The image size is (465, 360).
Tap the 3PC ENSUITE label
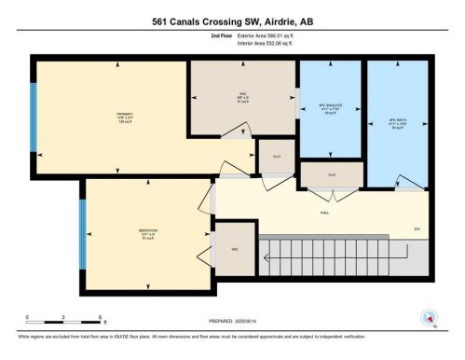[x=331, y=105]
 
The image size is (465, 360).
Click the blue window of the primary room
[x=34, y=117]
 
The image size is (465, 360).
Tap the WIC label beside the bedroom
[x=235, y=249]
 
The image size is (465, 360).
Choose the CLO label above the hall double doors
[x=331, y=174]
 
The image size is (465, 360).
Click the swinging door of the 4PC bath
[x=402, y=181]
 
